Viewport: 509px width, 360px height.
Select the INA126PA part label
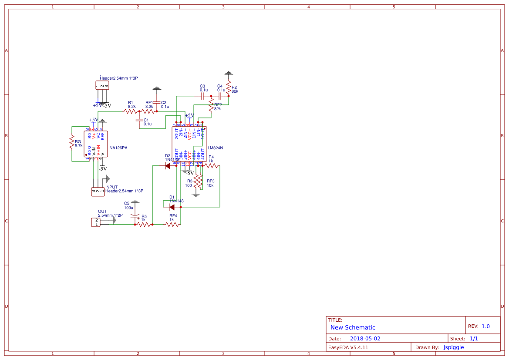pyautogui.click(x=118, y=148)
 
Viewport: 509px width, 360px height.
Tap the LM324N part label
pyautogui.click(x=215, y=148)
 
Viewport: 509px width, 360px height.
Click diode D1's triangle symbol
pyautogui.click(x=172, y=207)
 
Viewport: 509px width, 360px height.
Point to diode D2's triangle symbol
pyautogui.click(x=168, y=165)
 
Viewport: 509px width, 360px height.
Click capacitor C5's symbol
pyautogui.click(x=135, y=215)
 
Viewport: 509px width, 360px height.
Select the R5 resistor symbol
pyautogui.click(x=144, y=225)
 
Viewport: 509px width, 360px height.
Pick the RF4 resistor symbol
pyautogui.click(x=172, y=225)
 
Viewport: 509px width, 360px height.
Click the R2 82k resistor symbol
pyautogui.click(x=228, y=87)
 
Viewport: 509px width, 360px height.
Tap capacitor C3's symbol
pyautogui.click(x=202, y=96)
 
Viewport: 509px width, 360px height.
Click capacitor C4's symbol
pyautogui.click(x=220, y=96)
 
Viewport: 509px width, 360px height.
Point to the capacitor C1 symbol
pyautogui.click(x=139, y=120)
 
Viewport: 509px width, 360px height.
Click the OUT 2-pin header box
pyautogui.click(x=95, y=222)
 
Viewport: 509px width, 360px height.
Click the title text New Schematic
pyautogui.click(x=353, y=327)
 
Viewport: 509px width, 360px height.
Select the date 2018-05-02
pyautogui.click(x=365, y=338)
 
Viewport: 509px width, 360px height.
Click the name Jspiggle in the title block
pyautogui.click(x=454, y=347)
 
